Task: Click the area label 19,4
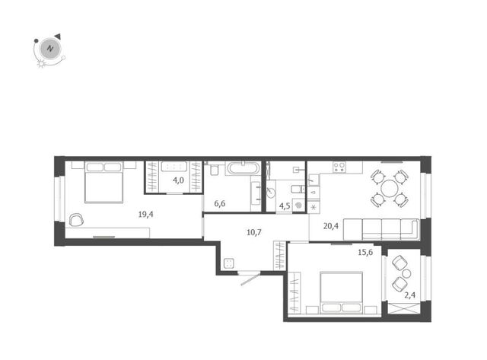tap(145, 215)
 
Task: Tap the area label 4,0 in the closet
tap(178, 180)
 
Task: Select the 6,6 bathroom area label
tap(220, 204)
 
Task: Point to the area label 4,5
tap(285, 206)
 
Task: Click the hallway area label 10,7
tap(254, 232)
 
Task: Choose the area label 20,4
tap(331, 226)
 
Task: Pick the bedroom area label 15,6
tap(365, 252)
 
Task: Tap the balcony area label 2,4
tap(409, 295)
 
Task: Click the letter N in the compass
tap(49, 49)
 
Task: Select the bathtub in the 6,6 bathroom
tap(243, 168)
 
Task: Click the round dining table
tap(389, 189)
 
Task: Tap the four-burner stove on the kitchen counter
tap(339, 167)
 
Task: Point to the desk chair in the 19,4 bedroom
tap(76, 220)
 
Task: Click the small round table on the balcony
tap(406, 274)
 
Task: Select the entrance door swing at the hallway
tap(250, 279)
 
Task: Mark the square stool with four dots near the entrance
tap(229, 263)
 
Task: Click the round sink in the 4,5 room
tap(271, 193)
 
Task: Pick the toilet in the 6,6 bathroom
tap(215, 169)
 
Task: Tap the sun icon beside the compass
tap(41, 64)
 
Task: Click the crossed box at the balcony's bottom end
tap(404, 307)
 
